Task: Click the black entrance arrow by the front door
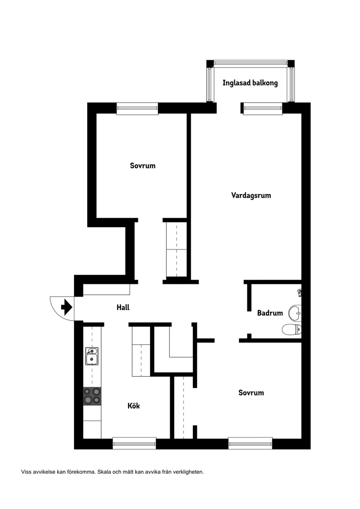tap(66, 307)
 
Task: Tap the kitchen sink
tap(92, 356)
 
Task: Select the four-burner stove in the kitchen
tap(92, 396)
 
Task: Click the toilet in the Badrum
tap(291, 329)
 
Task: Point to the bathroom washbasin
tap(295, 312)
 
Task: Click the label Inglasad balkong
tap(250, 83)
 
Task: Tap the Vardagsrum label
tap(251, 195)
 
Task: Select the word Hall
tap(123, 307)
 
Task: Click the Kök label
tap(134, 406)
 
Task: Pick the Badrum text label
tap(270, 313)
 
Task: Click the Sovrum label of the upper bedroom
tap(143, 166)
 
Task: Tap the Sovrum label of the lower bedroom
tap(251, 393)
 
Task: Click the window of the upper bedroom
tap(137, 109)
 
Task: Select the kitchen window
tap(134, 443)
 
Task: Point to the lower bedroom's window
tap(250, 443)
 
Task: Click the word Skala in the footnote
tap(104, 472)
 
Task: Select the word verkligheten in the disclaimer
tap(189, 472)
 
